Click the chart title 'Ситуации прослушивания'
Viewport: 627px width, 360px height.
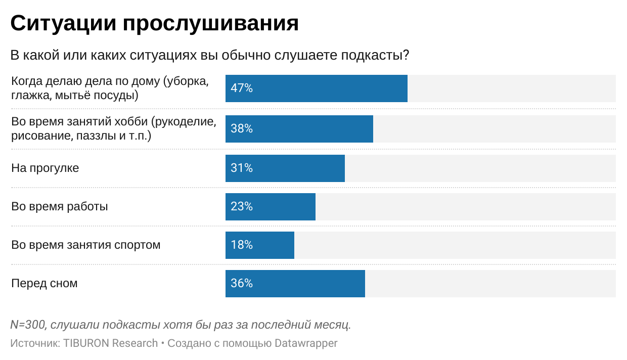[x=154, y=23]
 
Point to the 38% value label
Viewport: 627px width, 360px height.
[x=242, y=129]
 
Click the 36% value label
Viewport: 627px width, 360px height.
[x=242, y=284]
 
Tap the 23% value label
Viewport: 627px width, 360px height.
[x=242, y=207]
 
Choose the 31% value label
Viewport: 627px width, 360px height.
[x=242, y=168]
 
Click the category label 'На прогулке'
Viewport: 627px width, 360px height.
[x=45, y=168]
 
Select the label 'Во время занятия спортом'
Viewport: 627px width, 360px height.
[x=85, y=245]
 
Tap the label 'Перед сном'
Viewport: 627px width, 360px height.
[x=44, y=284]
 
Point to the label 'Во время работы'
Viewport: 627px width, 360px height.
[x=60, y=207]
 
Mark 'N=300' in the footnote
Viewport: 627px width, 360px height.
[x=28, y=325]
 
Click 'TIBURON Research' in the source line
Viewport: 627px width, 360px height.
[x=111, y=343]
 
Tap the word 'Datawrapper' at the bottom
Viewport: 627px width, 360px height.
[x=306, y=343]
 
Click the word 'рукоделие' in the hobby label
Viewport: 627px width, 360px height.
[x=187, y=122]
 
